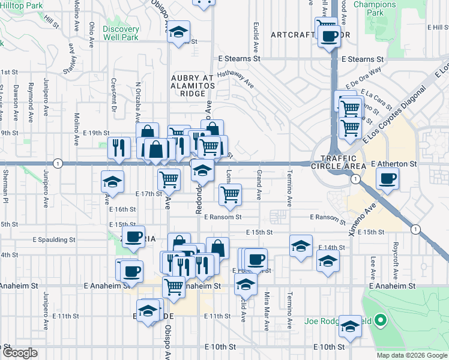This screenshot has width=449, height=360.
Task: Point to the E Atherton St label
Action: [x=394, y=164]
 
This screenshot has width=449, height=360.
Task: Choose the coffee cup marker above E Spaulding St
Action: [x=133, y=236]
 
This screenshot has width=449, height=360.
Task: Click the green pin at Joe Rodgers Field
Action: [x=380, y=322]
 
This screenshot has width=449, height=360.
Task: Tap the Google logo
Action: [x=20, y=353]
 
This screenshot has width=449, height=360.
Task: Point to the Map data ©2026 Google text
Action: [x=412, y=355]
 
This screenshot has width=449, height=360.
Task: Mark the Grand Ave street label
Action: [x=259, y=185]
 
